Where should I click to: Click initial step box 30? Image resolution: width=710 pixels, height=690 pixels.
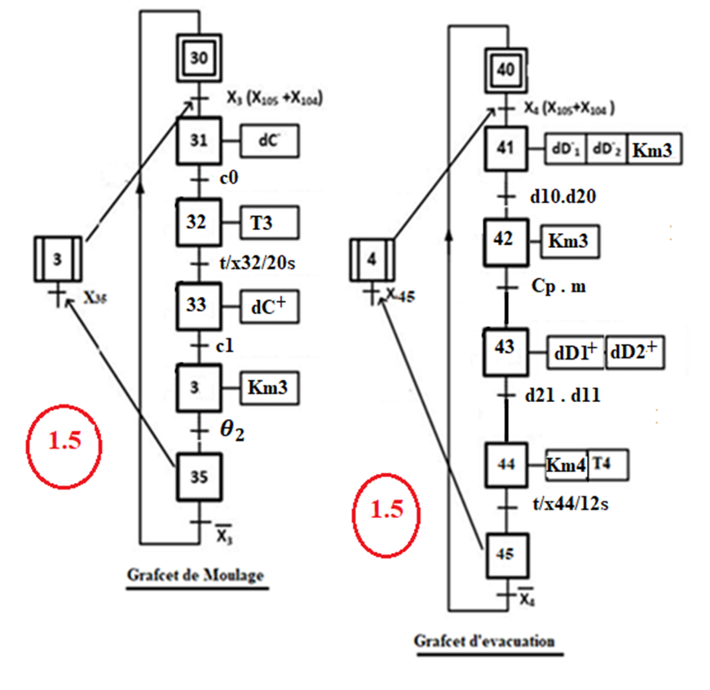point(199,58)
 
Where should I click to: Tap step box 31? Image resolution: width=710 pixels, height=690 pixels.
point(199,140)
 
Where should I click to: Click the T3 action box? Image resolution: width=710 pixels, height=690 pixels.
point(270,222)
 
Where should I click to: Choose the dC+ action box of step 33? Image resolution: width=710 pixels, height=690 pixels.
point(270,305)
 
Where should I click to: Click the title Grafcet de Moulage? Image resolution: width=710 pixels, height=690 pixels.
point(196,575)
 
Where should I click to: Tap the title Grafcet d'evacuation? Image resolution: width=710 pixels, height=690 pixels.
point(484,641)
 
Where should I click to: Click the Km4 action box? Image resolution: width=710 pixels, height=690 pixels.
point(567,466)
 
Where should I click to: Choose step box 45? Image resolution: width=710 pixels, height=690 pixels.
point(507,554)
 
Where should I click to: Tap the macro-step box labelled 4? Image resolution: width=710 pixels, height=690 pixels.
point(372,260)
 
